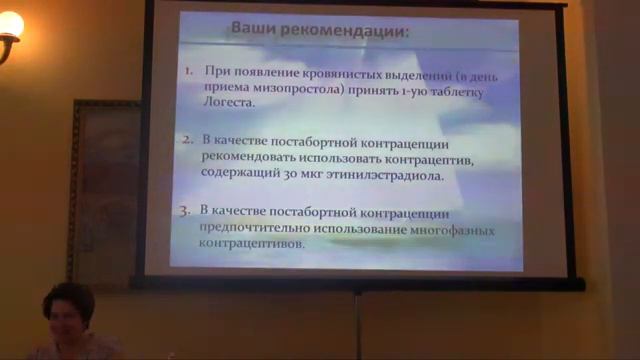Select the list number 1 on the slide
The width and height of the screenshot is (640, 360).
pyautogui.click(x=188, y=72)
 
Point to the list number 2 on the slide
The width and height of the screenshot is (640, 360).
pyautogui.click(x=187, y=141)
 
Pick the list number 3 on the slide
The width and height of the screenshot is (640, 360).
pyautogui.click(x=185, y=211)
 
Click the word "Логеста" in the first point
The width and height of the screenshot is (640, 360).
pyautogui.click(x=228, y=102)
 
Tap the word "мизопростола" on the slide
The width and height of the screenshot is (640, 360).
pyautogui.click(x=300, y=87)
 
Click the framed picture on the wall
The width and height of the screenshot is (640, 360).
pyautogui.click(x=104, y=190)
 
